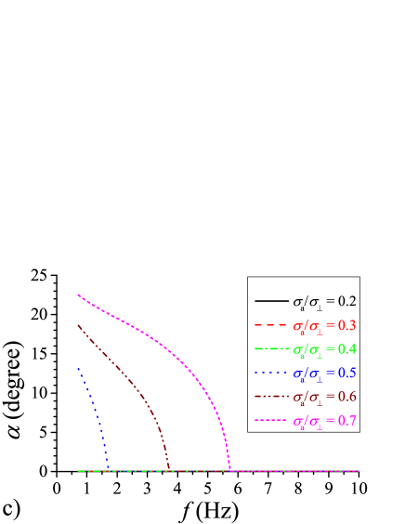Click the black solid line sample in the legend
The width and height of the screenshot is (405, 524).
click(270, 302)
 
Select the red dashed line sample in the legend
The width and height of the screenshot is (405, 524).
click(270, 326)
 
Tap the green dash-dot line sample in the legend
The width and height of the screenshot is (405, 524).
click(270, 350)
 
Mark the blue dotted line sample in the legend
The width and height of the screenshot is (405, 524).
click(270, 374)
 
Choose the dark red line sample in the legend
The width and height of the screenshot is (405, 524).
click(270, 399)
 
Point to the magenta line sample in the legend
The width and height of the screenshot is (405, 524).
click(270, 423)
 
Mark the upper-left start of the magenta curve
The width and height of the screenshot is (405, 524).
click(79, 295)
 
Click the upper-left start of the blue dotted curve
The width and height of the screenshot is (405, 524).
click(79, 369)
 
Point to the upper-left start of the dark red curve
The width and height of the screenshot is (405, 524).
click(79, 325)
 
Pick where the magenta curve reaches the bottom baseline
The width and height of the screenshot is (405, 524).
click(229, 470)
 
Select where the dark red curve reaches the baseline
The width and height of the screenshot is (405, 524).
click(168, 470)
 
